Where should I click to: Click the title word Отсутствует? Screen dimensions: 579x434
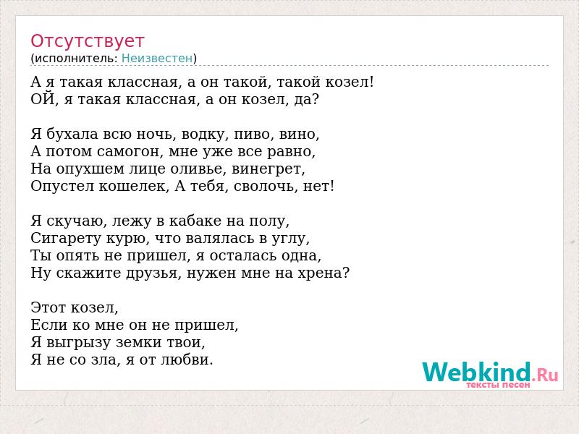point(87,41)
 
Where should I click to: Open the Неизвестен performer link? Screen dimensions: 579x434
point(157,59)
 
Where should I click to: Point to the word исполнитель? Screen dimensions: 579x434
point(76,59)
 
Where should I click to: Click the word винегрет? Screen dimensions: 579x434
point(266,169)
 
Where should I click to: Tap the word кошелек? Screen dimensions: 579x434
point(133,187)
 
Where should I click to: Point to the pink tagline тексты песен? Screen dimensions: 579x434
point(498,385)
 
